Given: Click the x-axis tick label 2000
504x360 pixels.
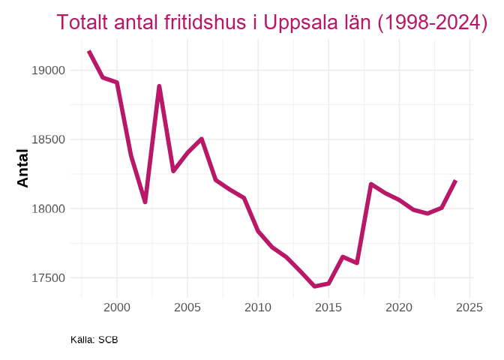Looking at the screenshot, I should point(117,307).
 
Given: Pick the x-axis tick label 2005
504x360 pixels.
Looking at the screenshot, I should point(187,307).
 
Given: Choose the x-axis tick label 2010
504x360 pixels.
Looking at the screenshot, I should point(258,307).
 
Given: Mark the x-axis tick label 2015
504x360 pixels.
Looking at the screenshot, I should point(328,307).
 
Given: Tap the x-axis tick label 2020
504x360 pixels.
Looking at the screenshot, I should point(399,307).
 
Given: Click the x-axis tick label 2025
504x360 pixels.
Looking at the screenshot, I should point(469,307).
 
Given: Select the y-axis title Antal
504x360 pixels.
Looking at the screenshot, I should point(23,168).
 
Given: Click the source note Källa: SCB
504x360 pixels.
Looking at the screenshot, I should point(94,340).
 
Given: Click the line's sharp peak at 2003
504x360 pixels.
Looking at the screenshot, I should point(159,86).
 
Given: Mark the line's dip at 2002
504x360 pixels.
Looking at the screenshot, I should point(145,202).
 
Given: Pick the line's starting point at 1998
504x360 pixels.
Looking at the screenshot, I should point(88,51).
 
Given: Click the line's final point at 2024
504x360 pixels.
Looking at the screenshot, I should point(455,181).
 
